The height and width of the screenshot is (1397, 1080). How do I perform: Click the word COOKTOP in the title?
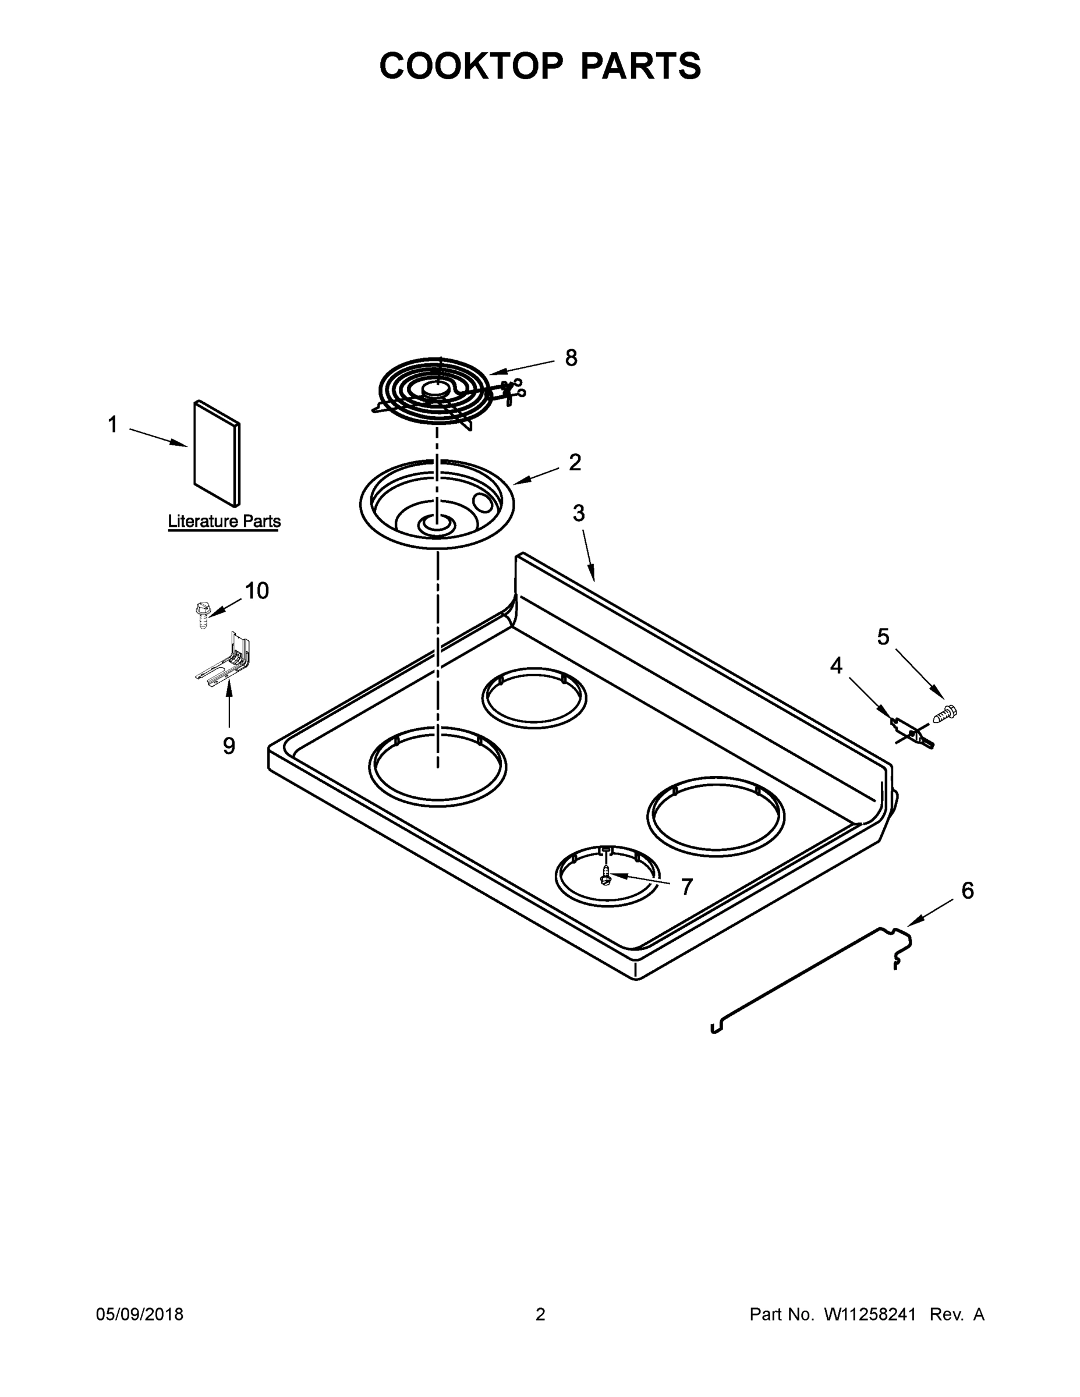point(472,66)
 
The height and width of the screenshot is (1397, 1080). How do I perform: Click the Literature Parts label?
point(224,522)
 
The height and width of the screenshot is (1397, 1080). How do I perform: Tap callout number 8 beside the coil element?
point(571,358)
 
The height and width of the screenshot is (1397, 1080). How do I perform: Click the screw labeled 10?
point(201,615)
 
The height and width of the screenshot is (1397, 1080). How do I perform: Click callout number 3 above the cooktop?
point(578,513)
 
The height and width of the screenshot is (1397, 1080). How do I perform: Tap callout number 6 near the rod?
point(968,891)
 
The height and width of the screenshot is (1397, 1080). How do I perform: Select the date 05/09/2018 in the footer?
point(140,1314)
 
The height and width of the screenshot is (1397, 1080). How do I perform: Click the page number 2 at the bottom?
point(540,1314)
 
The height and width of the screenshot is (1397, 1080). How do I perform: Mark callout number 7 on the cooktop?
point(686,887)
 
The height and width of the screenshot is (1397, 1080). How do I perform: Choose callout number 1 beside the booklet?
point(112,424)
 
